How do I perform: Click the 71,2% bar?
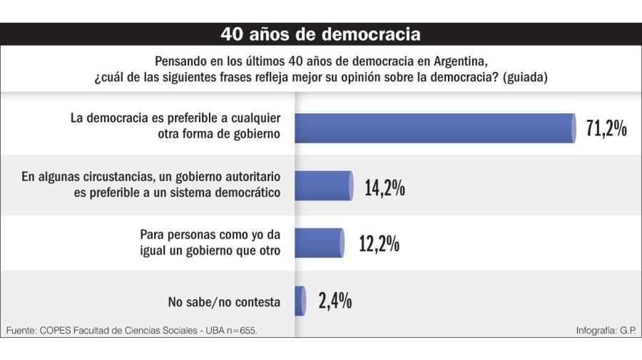[435, 128]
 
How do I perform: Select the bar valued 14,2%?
[323, 186]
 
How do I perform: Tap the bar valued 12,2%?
[319, 243]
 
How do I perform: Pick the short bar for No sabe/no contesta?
[300, 300]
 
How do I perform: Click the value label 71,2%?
[606, 129]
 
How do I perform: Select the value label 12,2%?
[379, 244]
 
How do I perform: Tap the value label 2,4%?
[335, 301]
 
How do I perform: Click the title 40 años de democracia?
[320, 34]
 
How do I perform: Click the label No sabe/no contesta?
[224, 302]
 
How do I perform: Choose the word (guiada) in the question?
[524, 78]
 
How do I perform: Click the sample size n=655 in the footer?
[240, 331]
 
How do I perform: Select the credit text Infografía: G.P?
[606, 331]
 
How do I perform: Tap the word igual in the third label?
[155, 250]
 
